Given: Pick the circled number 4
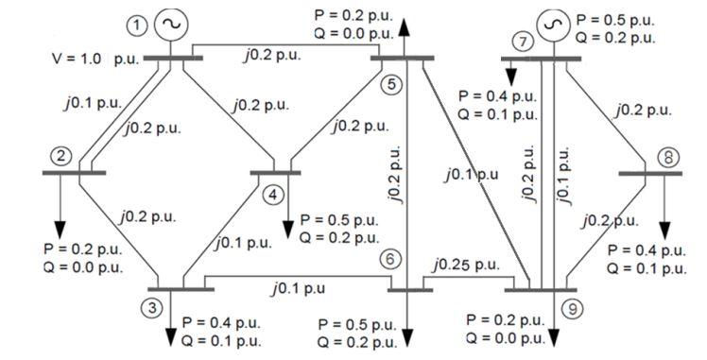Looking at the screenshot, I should [274, 195].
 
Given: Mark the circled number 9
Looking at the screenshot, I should [568, 308].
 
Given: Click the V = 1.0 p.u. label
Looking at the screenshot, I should [94, 59].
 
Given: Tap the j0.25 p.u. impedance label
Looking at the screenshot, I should [464, 265].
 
